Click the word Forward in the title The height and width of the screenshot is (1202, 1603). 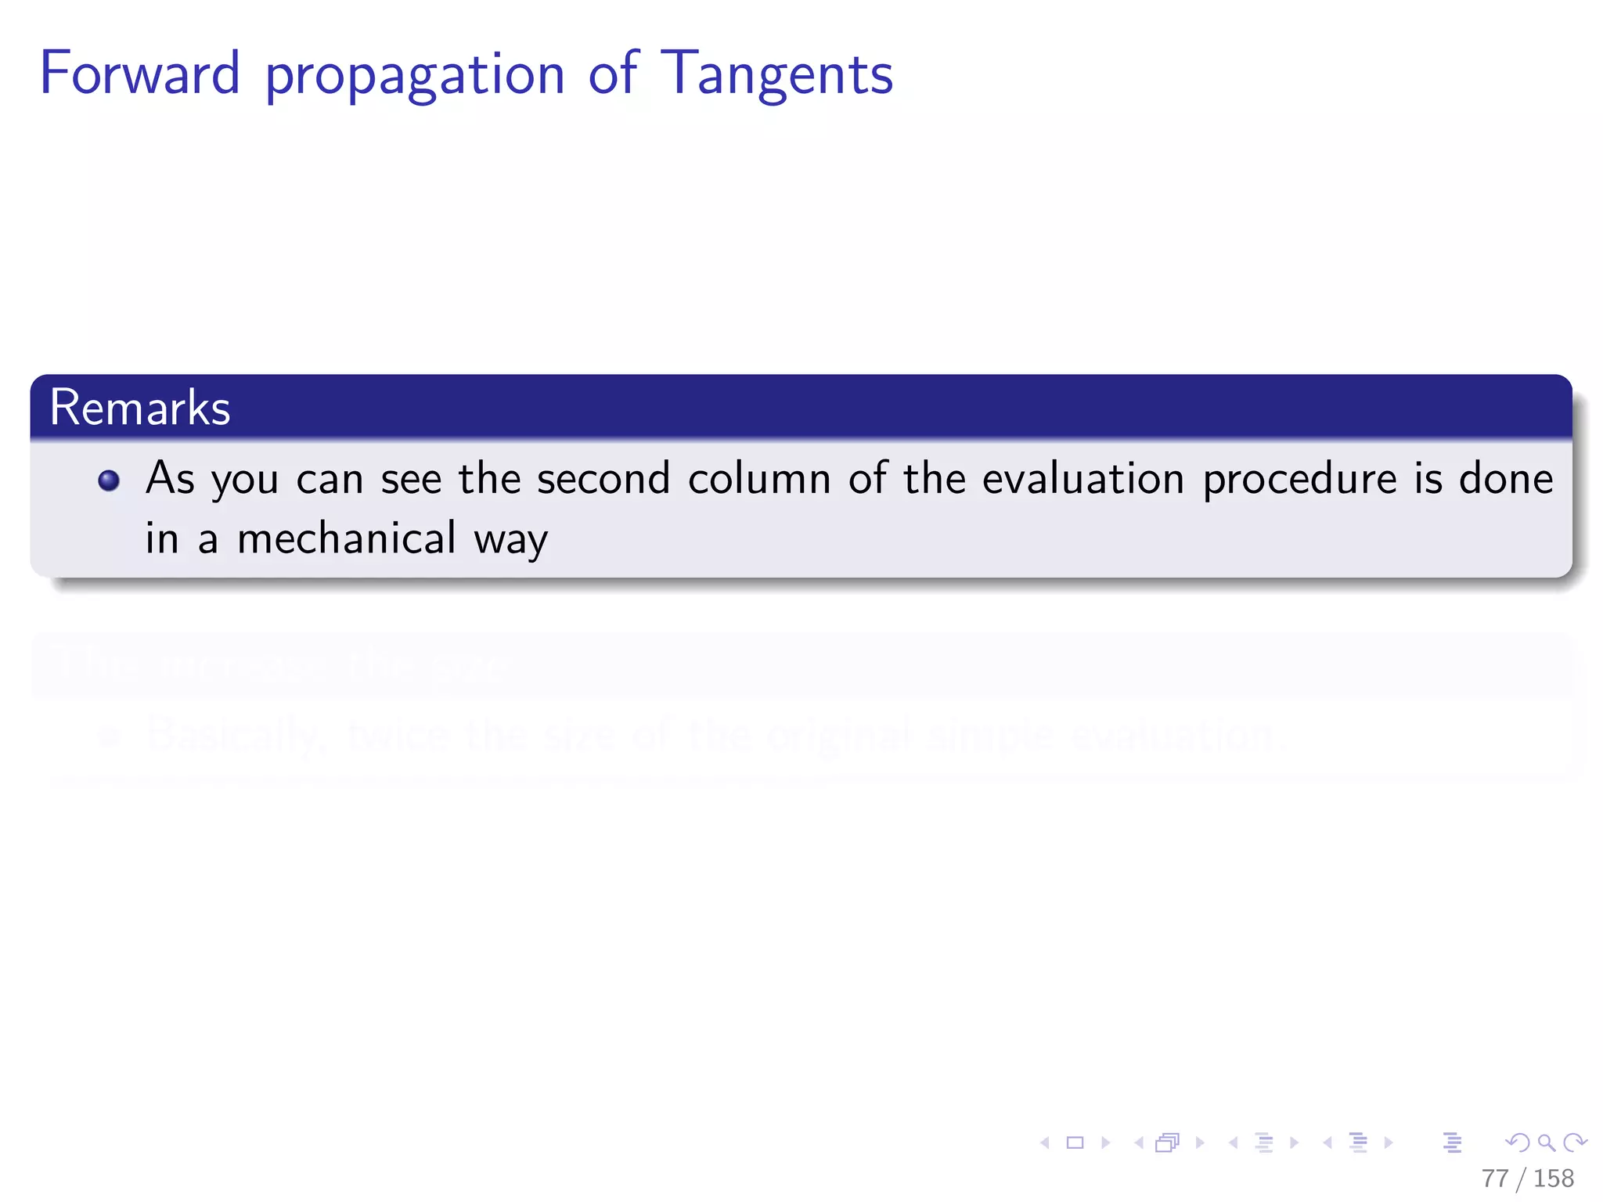coord(139,74)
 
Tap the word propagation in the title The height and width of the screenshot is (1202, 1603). coord(415,77)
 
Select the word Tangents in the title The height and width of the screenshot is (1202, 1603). coord(776,75)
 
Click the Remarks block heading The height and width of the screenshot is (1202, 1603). coord(140,408)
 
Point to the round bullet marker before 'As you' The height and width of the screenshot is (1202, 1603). coord(109,480)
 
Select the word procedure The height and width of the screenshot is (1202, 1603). coord(1299,480)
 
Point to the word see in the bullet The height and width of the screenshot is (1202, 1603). coord(411,480)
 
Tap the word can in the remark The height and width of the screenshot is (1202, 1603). coord(330,480)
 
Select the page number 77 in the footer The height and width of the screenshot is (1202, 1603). coord(1494,1178)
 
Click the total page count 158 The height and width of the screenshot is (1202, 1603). coord(1553,1178)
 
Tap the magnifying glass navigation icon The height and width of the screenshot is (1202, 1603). coord(1546,1143)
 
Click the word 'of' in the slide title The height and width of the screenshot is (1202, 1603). coord(613,74)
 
